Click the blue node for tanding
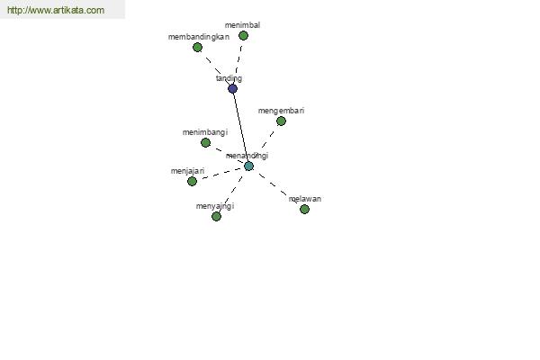(233, 89)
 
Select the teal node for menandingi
(248, 166)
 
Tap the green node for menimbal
(244, 35)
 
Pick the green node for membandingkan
(197, 47)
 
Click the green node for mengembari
(281, 121)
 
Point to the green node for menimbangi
(205, 142)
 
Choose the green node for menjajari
(193, 181)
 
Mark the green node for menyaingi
(216, 216)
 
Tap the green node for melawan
(304, 209)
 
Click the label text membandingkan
(199, 37)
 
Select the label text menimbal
(242, 25)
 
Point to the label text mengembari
(282, 111)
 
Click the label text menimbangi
(205, 132)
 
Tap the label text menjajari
(188, 171)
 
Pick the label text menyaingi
(215, 206)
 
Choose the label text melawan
(305, 199)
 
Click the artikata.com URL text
(56, 10)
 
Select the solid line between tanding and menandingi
(240, 128)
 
